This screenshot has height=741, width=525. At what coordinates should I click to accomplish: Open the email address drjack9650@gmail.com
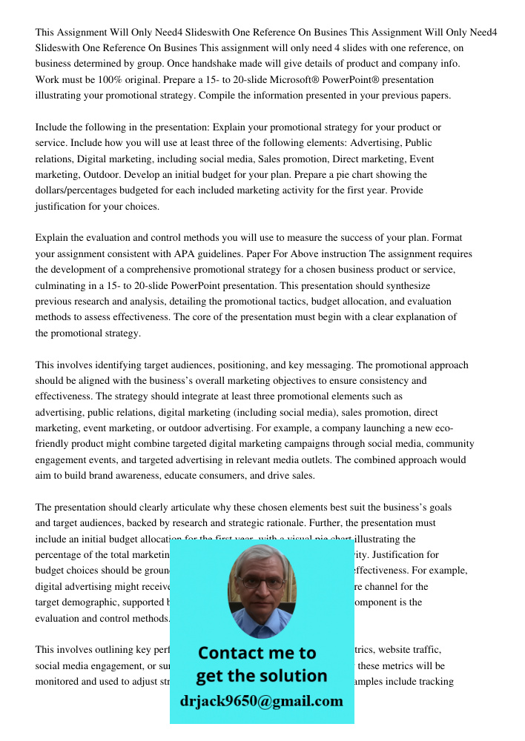pos(262,701)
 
